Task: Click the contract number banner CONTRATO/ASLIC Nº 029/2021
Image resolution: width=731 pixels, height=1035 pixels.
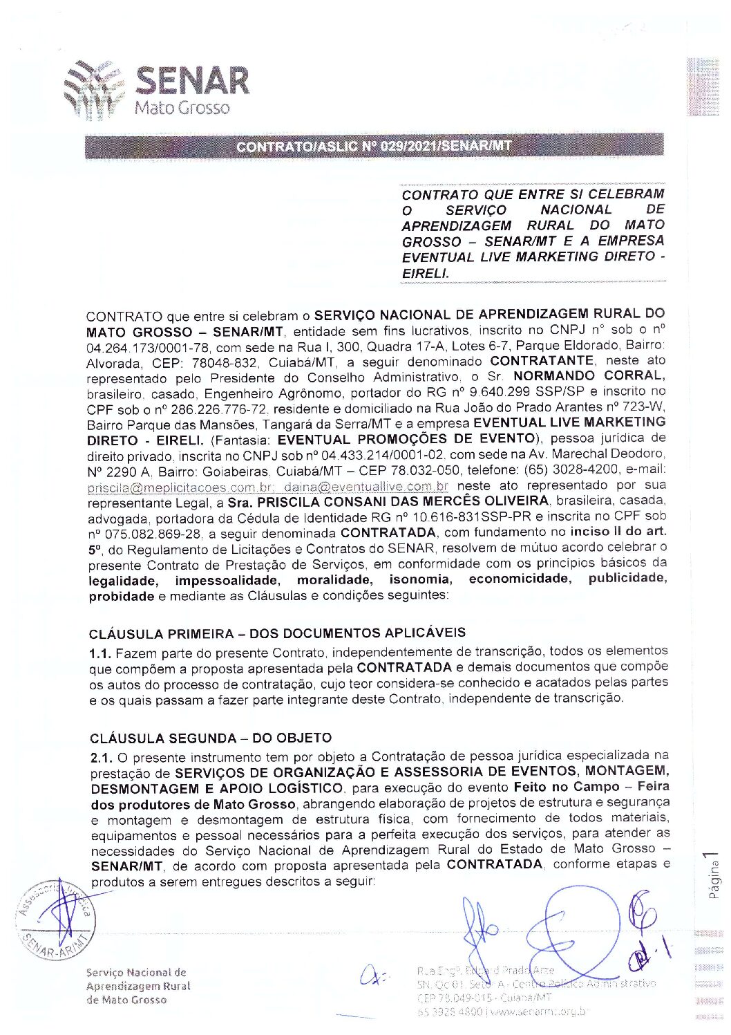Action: [374, 146]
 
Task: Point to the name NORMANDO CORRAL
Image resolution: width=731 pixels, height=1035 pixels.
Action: [589, 376]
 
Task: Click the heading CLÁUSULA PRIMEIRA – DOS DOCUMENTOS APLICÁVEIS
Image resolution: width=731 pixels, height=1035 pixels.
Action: [277, 633]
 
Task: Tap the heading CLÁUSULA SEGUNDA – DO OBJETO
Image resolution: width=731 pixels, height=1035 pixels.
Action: [211, 738]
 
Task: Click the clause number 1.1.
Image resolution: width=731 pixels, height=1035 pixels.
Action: [99, 653]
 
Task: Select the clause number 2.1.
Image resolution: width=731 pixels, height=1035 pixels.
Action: [102, 758]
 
